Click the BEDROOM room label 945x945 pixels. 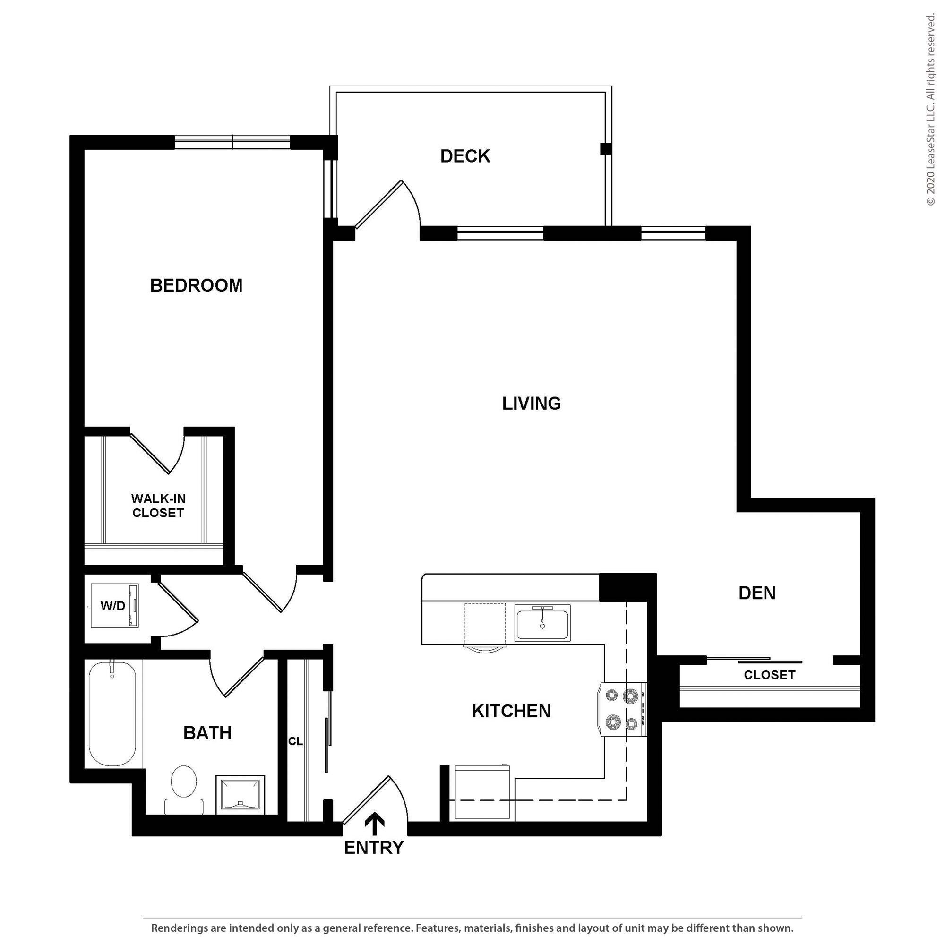tap(196, 286)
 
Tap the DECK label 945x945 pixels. tap(465, 156)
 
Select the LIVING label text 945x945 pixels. tap(531, 404)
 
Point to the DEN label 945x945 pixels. tap(757, 593)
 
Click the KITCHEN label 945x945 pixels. tap(511, 711)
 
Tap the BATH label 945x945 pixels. tap(207, 733)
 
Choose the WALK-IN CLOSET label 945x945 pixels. tap(158, 506)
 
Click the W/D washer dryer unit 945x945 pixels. tap(115, 606)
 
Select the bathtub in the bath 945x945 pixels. tap(112, 713)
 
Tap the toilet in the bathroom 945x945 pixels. tap(184, 790)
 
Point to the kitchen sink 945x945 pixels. tap(542, 623)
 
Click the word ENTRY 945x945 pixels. tap(374, 848)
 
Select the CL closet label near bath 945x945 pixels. tap(295, 741)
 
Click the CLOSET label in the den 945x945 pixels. tap(769, 675)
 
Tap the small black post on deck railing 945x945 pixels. tap(606, 149)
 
